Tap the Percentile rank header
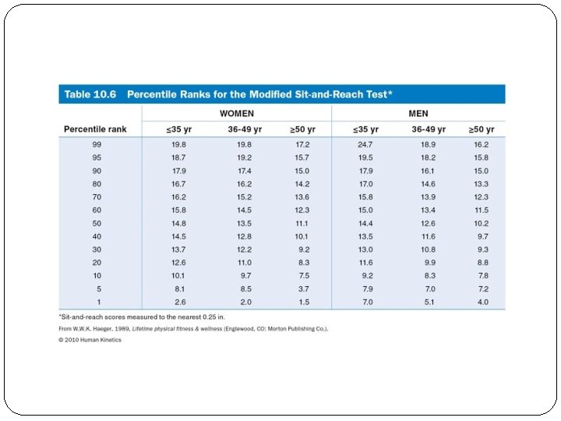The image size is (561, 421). [x=95, y=129]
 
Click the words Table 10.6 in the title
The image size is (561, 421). [x=90, y=94]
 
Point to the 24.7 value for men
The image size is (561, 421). [x=365, y=145]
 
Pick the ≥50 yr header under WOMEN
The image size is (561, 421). [x=302, y=129]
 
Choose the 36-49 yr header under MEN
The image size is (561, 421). [x=429, y=129]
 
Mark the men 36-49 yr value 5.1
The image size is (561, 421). [x=429, y=302]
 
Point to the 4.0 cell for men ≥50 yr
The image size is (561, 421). [x=482, y=302]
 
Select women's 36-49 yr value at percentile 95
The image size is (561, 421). [x=245, y=157]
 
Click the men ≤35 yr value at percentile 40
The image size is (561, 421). [x=365, y=236]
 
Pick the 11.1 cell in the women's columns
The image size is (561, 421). [x=302, y=223]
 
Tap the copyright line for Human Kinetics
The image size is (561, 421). [x=90, y=340]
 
